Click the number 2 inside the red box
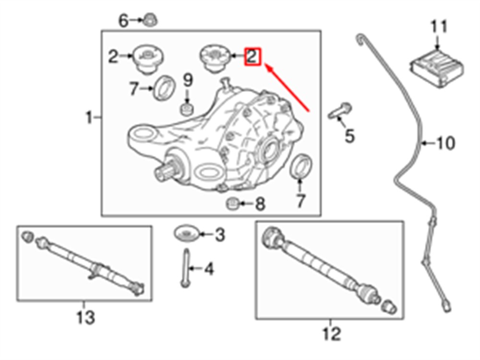click(252, 56)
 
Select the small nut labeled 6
click(150, 20)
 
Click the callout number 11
click(439, 26)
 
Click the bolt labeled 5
click(340, 111)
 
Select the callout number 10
click(445, 143)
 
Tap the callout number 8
click(260, 204)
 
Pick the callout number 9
click(188, 80)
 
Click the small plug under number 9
click(187, 109)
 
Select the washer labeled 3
click(186, 234)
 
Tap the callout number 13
click(85, 317)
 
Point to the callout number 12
click(332, 334)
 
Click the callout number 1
click(89, 118)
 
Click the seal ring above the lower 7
click(301, 166)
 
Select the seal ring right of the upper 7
click(164, 87)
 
